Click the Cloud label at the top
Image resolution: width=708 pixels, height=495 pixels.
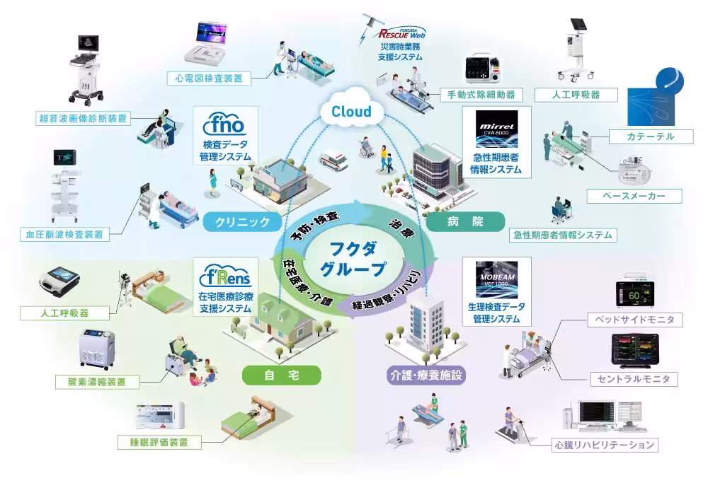(x=350, y=112)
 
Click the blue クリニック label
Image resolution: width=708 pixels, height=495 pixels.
(x=242, y=222)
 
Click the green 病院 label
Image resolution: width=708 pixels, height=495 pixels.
(x=466, y=222)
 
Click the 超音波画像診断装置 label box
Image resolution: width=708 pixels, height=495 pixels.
(x=84, y=118)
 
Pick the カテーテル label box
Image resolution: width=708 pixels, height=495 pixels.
(x=651, y=136)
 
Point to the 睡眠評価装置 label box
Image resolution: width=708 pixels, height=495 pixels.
(x=159, y=443)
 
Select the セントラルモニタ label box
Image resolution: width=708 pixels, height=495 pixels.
(x=634, y=380)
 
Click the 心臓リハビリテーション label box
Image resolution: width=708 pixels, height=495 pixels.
(x=604, y=445)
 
